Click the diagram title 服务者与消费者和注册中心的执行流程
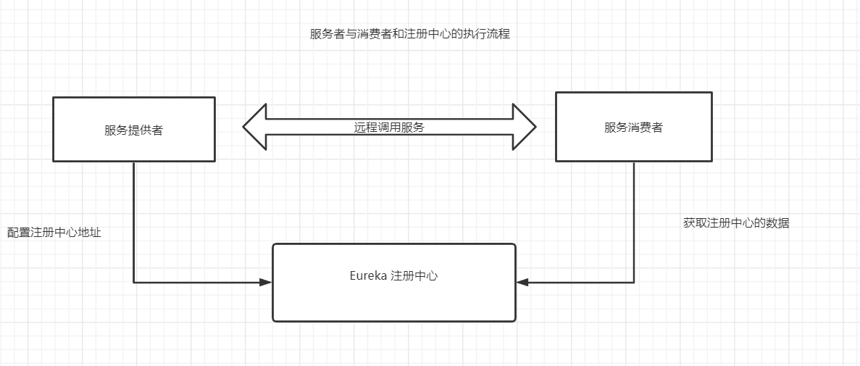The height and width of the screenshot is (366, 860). coord(409,34)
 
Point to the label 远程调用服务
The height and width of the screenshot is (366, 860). coord(389,127)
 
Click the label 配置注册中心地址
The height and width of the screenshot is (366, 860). coord(54,233)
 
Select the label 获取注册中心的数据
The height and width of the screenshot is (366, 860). coord(736,223)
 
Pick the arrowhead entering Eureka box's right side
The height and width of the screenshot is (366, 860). coord(522,282)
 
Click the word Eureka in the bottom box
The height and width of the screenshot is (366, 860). coord(368,276)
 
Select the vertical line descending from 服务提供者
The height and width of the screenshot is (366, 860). coord(134,217)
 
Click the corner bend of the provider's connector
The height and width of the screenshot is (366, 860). coord(134,282)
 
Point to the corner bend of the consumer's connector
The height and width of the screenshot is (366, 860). coord(634,282)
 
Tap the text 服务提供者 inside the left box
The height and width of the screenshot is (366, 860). coord(134,130)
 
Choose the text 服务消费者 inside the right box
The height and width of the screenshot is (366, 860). coord(633,128)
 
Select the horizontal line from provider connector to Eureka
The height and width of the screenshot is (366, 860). coord(196,282)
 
